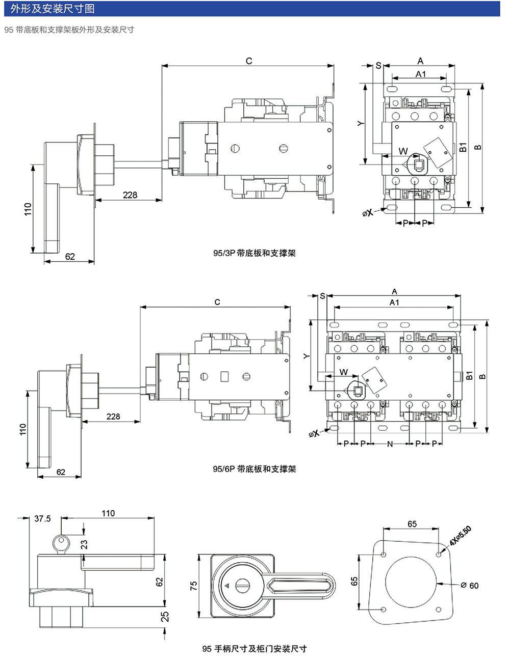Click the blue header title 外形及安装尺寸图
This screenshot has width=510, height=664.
coord(53,9)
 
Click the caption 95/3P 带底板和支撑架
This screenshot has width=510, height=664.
coord(254,253)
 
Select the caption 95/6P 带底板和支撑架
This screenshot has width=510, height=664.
coord(254,469)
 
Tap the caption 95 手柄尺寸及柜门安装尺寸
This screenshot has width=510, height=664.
coord(254,649)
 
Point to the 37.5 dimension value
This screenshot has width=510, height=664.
coord(42,519)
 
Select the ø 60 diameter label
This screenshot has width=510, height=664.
coord(470,586)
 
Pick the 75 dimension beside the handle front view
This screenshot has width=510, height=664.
coord(194,586)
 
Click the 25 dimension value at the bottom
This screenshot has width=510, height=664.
coord(165,617)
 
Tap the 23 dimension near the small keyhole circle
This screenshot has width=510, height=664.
coord(84,545)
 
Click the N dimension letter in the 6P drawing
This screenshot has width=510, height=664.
coord(390,444)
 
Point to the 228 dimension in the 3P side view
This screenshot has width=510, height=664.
coord(130,195)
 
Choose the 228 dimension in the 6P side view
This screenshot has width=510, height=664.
coord(113,417)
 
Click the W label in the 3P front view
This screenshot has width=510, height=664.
coord(403,151)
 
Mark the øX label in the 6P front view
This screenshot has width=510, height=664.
coord(314,433)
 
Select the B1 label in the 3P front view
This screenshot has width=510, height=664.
coord(463,147)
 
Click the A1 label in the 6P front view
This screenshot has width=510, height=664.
coord(394,302)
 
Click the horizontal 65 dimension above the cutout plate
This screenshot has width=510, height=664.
coord(412,524)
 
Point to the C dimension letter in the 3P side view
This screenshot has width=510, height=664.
coord(248,61)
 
